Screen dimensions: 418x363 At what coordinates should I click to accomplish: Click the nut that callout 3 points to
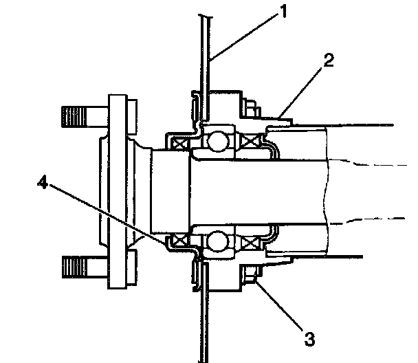click(251, 278)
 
